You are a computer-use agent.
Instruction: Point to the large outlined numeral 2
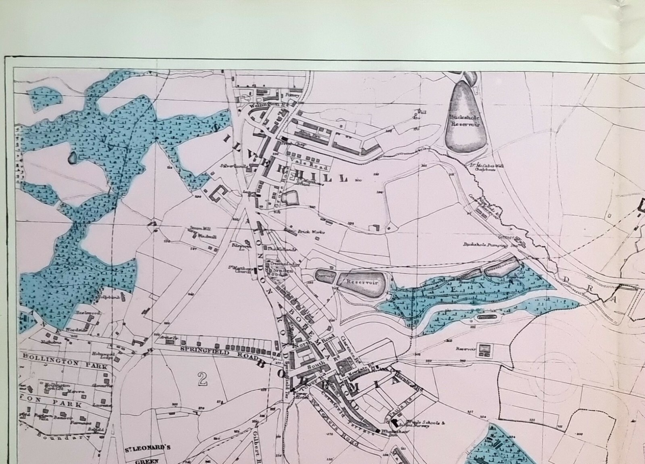(x=203, y=379)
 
